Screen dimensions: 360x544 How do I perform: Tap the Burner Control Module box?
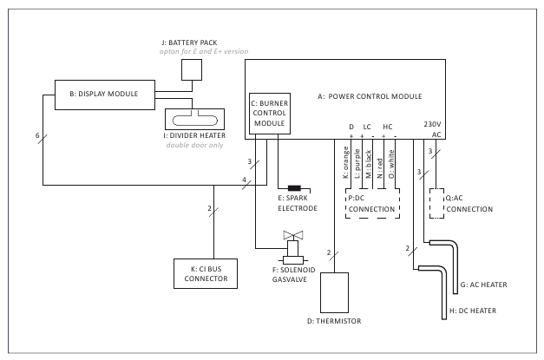click(268, 113)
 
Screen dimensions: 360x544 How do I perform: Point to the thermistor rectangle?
click(334, 292)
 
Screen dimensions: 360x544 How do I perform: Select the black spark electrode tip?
click(294, 188)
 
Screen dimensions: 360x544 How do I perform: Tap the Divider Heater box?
click(195, 118)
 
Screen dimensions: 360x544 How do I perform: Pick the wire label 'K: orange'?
click(344, 164)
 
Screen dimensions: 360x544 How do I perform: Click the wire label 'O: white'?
click(391, 164)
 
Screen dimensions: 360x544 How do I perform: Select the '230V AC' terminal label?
click(433, 128)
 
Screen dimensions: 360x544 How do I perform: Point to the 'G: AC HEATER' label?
click(484, 285)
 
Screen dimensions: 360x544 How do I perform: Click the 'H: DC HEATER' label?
click(472, 311)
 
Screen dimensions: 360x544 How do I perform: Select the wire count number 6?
click(37, 136)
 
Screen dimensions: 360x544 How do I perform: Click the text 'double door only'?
click(195, 144)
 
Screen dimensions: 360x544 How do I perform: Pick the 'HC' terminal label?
click(388, 127)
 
